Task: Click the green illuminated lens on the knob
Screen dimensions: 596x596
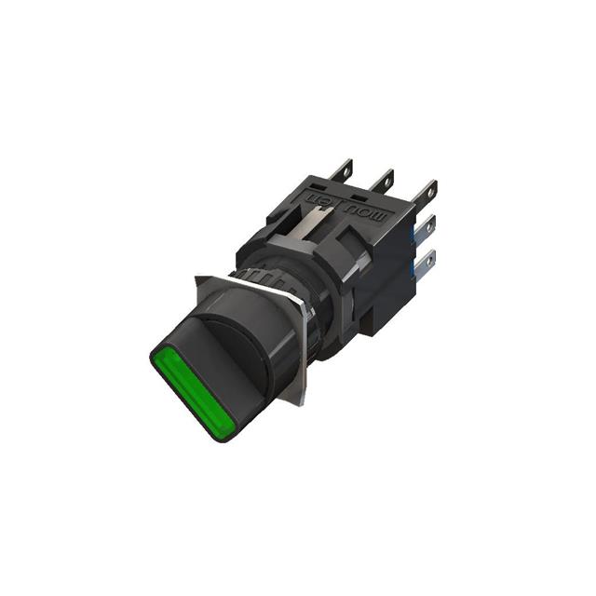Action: click(x=191, y=392)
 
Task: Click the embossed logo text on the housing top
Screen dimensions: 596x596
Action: click(x=359, y=201)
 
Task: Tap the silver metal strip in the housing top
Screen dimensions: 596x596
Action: click(x=312, y=223)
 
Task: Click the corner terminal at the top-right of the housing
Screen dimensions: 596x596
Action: click(x=426, y=195)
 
